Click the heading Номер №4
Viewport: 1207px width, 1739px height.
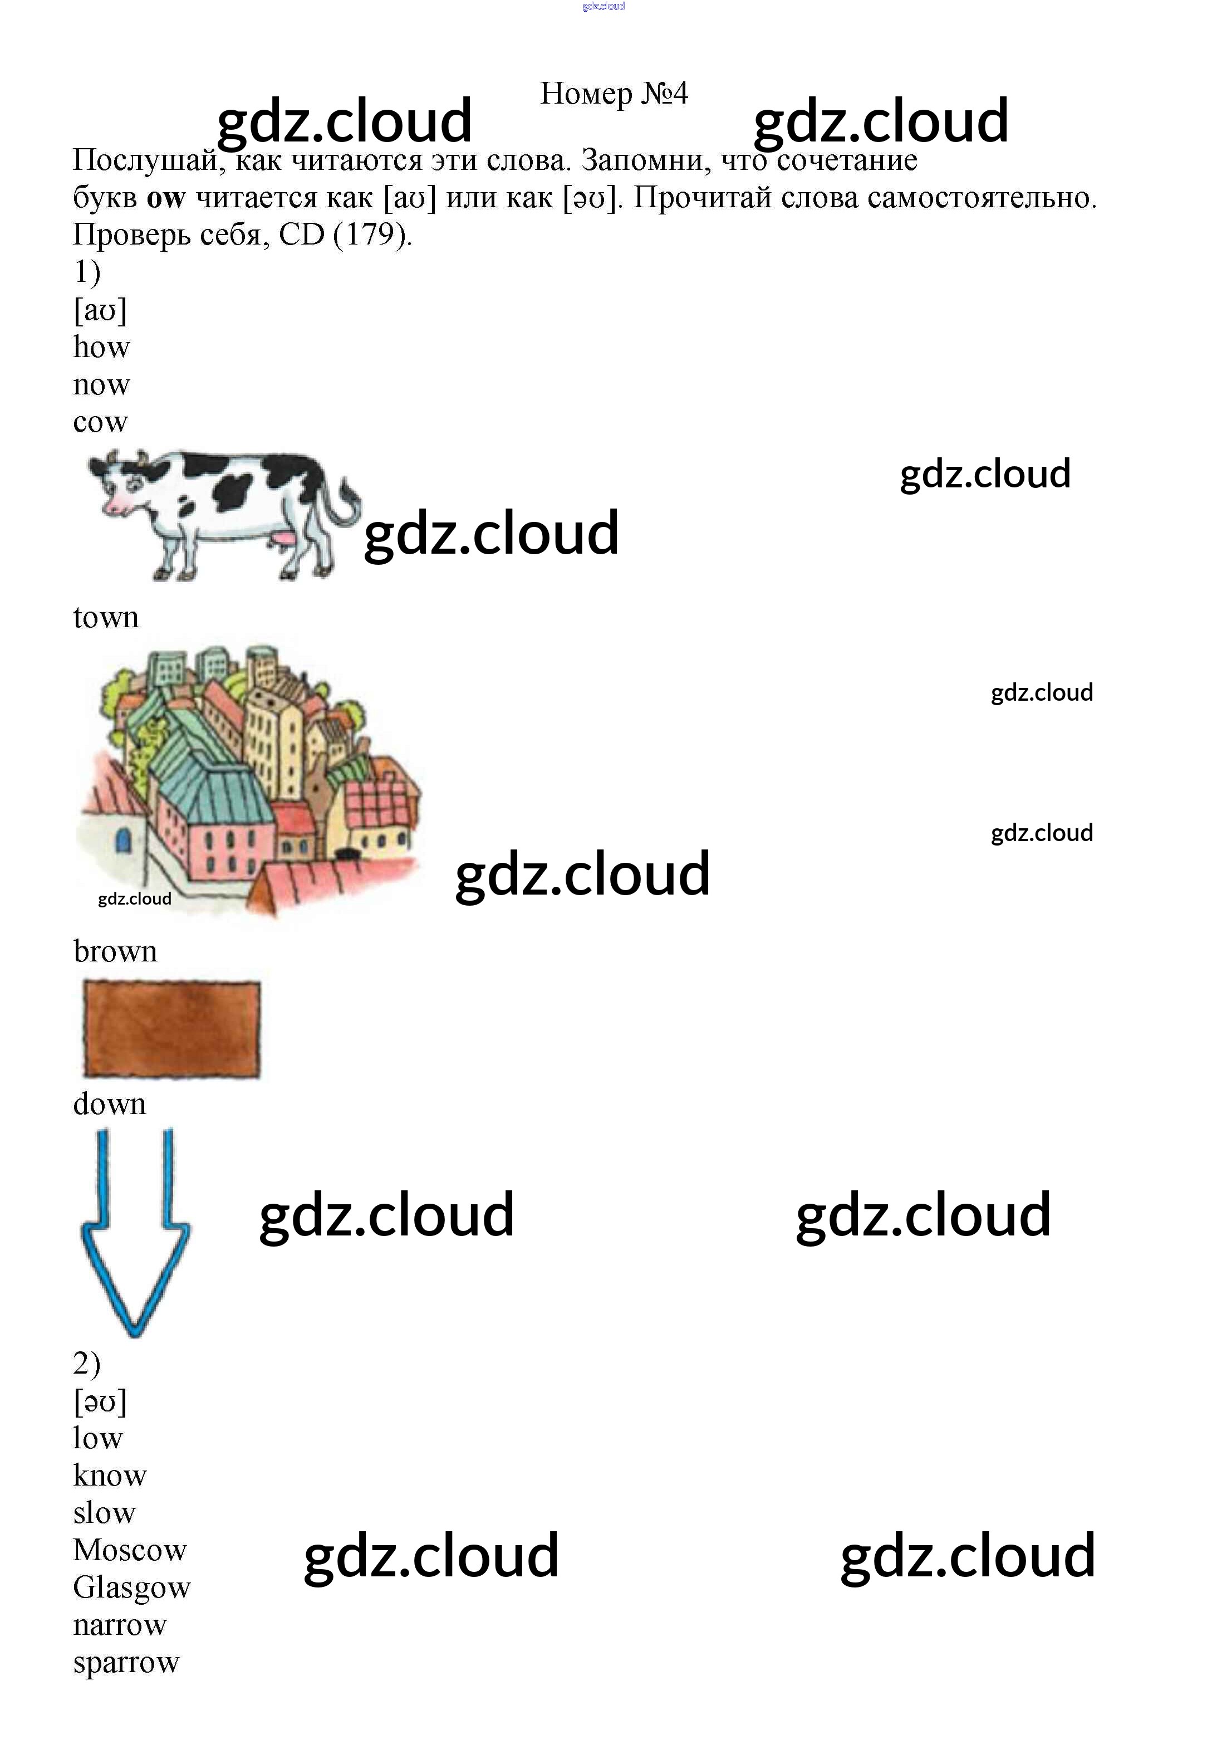(614, 94)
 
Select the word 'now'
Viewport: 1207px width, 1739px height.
(101, 385)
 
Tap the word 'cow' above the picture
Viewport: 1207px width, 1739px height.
(100, 422)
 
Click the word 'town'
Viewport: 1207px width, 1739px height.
(106, 617)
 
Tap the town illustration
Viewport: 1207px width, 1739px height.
(249, 779)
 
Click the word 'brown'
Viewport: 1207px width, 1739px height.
(115, 951)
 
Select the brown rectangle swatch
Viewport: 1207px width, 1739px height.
(171, 1029)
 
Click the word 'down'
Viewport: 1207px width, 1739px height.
(110, 1105)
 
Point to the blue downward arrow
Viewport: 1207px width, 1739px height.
(135, 1240)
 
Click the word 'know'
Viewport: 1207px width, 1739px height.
(110, 1476)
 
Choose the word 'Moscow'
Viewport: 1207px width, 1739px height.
(129, 1551)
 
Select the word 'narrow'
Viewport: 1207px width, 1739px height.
(120, 1625)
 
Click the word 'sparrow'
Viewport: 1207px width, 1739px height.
(125, 1663)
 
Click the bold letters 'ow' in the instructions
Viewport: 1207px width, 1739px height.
(165, 198)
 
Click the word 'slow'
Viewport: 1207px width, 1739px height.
(104, 1513)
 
